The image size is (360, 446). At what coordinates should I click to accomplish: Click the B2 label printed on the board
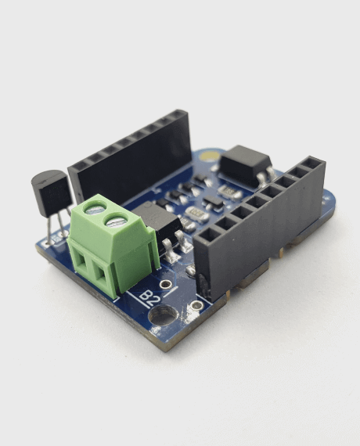(150, 296)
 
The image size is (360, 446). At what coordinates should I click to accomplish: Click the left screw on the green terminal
(95, 208)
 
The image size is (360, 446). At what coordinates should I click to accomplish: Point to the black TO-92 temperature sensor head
(49, 192)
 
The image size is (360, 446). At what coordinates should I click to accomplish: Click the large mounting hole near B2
(164, 316)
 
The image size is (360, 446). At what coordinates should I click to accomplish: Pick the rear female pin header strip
(129, 156)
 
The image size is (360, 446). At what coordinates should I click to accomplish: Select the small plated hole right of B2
(197, 304)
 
